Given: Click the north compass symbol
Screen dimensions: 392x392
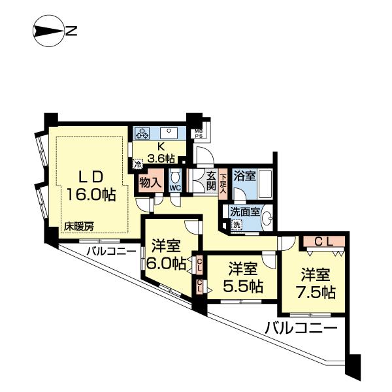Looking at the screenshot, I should click(48, 30).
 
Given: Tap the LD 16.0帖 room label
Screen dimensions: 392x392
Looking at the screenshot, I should click(90, 186).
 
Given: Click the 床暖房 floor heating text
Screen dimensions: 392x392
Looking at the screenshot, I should click(78, 227).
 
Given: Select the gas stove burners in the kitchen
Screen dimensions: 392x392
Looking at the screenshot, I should click(142, 133).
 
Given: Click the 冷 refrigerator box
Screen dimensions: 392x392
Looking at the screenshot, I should click(138, 165).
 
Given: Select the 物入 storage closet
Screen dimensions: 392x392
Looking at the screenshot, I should click(150, 183).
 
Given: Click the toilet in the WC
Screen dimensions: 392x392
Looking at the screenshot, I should click(174, 178).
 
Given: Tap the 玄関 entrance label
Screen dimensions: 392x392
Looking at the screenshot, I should click(211, 180).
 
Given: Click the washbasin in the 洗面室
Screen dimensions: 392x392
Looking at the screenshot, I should click(267, 221).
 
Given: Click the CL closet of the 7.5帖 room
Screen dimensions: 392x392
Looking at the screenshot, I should click(325, 242).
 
